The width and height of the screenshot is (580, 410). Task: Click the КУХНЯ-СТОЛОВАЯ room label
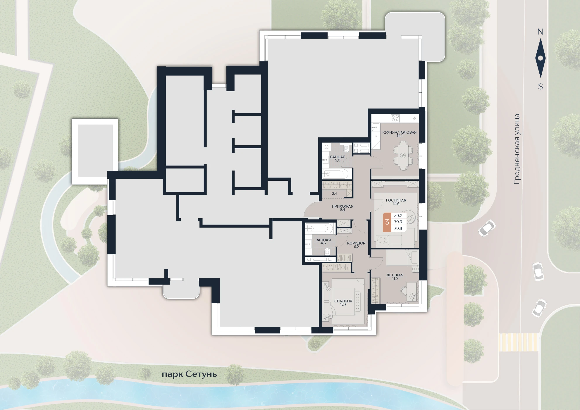(399, 132)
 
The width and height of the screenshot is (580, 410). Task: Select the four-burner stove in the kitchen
(395, 118)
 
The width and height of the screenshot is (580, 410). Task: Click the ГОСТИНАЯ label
(396, 200)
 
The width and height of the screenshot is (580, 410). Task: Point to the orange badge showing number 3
(387, 222)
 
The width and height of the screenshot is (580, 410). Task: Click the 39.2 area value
(398, 216)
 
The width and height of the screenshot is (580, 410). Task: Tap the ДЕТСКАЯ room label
(395, 275)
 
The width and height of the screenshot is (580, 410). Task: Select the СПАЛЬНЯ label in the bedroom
(343, 301)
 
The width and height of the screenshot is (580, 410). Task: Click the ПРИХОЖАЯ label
(343, 206)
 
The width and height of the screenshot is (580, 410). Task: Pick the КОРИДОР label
(356, 243)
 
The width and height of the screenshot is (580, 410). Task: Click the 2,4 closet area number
(335, 194)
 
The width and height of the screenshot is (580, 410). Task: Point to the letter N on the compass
(540, 32)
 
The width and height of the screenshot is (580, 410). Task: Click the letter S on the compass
(541, 87)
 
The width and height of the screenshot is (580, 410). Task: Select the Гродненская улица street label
(517, 149)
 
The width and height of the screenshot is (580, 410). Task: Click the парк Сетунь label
(189, 374)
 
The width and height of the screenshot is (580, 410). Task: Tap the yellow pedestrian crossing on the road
(518, 342)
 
